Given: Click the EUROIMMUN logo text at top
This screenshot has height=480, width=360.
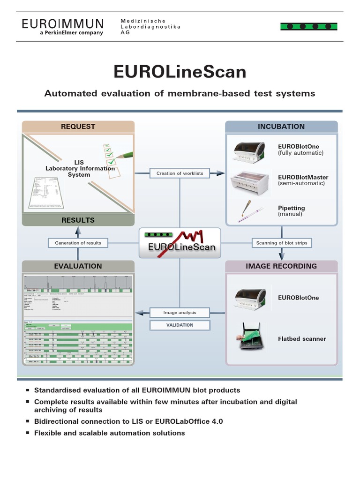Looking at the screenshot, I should coord(62,23).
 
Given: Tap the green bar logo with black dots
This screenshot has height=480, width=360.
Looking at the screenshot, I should coord(308,26).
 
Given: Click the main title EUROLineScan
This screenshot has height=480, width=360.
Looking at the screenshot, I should coord(180,72).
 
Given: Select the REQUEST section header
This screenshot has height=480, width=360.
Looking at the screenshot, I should coord(78,127).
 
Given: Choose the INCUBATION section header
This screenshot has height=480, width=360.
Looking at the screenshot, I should coord(281,127).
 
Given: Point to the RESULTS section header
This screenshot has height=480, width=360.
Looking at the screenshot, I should coord(78,220).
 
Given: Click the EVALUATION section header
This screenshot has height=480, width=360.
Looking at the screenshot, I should coord(78,266).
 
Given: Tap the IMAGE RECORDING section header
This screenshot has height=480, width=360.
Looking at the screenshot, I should coord(281,266).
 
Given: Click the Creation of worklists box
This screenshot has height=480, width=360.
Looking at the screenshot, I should coord(180,173).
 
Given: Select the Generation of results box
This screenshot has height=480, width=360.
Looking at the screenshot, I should coord(78,243).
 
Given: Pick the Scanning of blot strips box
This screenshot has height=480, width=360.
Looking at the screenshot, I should coord(281,243).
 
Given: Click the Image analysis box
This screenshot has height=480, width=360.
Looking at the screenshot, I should coord(180,313).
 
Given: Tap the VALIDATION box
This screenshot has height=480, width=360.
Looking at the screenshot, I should coord(180,325).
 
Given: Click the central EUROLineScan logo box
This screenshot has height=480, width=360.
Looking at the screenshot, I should coord(180,242).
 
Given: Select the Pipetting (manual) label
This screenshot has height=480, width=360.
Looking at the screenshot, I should coord(291,211).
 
